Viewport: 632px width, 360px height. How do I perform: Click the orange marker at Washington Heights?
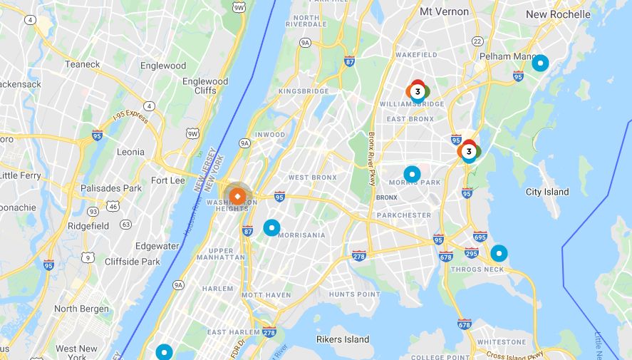tap(238, 195)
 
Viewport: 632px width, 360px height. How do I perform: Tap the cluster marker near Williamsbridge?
tap(418, 91)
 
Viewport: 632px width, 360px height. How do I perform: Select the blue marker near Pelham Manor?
tap(540, 63)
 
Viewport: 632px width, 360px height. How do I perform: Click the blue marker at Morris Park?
tap(412, 174)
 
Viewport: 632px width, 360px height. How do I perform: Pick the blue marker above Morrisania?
tap(271, 227)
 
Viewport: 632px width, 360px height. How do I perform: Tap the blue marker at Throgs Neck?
tap(499, 253)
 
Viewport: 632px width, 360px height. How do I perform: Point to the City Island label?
tap(547, 192)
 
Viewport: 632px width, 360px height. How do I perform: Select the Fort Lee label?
tap(167, 180)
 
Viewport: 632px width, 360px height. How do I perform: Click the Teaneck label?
tap(83, 63)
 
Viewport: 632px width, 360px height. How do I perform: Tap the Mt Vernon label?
tap(444, 11)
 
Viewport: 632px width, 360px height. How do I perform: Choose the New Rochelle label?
tap(558, 14)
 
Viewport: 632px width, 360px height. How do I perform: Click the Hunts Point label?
tap(354, 294)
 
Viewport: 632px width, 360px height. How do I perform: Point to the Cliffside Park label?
tap(133, 262)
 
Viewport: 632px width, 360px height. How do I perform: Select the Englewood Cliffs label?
tap(205, 86)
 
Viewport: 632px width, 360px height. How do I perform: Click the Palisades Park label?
tap(112, 188)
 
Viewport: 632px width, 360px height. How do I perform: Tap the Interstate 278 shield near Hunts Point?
tap(359, 256)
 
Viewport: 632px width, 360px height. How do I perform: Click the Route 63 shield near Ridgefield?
tap(126, 225)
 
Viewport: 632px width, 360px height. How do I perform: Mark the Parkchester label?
tap(404, 215)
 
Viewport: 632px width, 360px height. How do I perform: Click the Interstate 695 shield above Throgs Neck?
tap(480, 237)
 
